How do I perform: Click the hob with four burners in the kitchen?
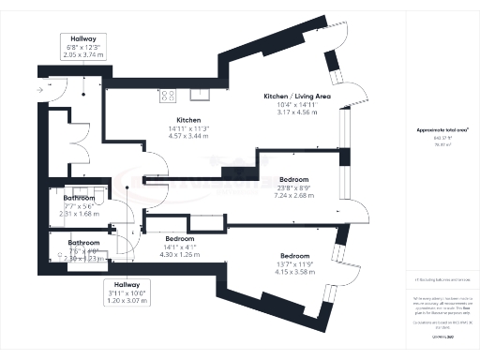point(169,95)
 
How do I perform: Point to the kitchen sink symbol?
point(201,94)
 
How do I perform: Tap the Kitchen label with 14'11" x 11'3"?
point(188,121)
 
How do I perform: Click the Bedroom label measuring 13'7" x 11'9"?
point(294,256)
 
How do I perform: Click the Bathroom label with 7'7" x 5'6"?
point(80,199)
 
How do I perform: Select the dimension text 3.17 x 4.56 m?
point(290,112)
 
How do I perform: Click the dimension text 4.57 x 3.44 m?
point(188,137)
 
